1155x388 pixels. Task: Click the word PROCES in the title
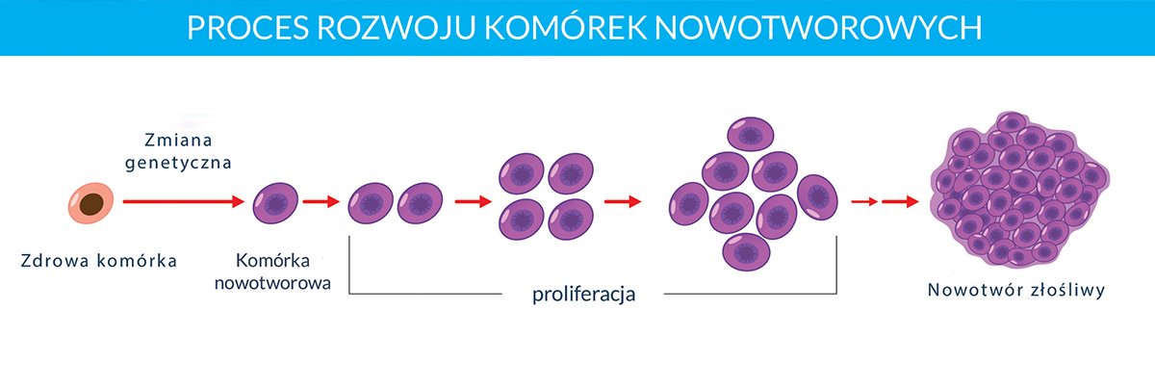point(247,28)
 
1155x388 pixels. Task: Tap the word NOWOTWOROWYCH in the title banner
point(818,28)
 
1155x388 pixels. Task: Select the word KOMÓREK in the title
point(565,27)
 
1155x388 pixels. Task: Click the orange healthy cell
point(91,203)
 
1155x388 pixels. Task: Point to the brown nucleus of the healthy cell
point(91,204)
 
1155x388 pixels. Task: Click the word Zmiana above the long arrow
point(178,140)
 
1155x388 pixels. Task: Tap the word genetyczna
point(178,163)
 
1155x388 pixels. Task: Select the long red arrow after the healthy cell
point(184,202)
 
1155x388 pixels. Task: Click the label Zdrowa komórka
point(99,261)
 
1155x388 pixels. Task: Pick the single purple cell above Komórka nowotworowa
point(275,203)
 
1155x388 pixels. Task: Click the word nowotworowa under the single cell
point(272,283)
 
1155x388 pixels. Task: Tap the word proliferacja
point(583,294)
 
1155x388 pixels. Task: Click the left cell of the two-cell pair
point(371,203)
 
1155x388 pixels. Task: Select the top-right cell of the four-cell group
point(571,173)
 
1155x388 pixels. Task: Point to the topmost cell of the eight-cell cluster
point(751,134)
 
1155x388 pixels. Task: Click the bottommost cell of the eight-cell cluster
point(746,252)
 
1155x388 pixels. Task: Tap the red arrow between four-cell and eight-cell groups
point(623,202)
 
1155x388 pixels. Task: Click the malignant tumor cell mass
point(1019,190)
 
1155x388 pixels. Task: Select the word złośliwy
point(1067,290)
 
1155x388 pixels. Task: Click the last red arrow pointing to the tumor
point(900,202)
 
